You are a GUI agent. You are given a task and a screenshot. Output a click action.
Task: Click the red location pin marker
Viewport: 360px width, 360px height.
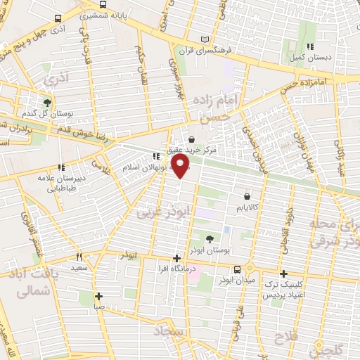click(181, 166)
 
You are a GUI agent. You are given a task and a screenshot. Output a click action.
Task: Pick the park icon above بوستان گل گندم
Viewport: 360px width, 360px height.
click(47, 102)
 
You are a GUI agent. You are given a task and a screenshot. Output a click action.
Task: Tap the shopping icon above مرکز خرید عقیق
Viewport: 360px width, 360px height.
click(193, 139)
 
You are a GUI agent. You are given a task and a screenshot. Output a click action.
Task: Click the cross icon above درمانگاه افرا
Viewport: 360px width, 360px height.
click(177, 259)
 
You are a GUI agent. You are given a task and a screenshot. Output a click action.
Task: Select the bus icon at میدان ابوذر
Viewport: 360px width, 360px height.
click(237, 269)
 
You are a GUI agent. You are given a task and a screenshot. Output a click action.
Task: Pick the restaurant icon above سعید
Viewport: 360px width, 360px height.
click(79, 257)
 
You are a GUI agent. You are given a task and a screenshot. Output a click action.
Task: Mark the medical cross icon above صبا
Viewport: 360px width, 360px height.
click(98, 295)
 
